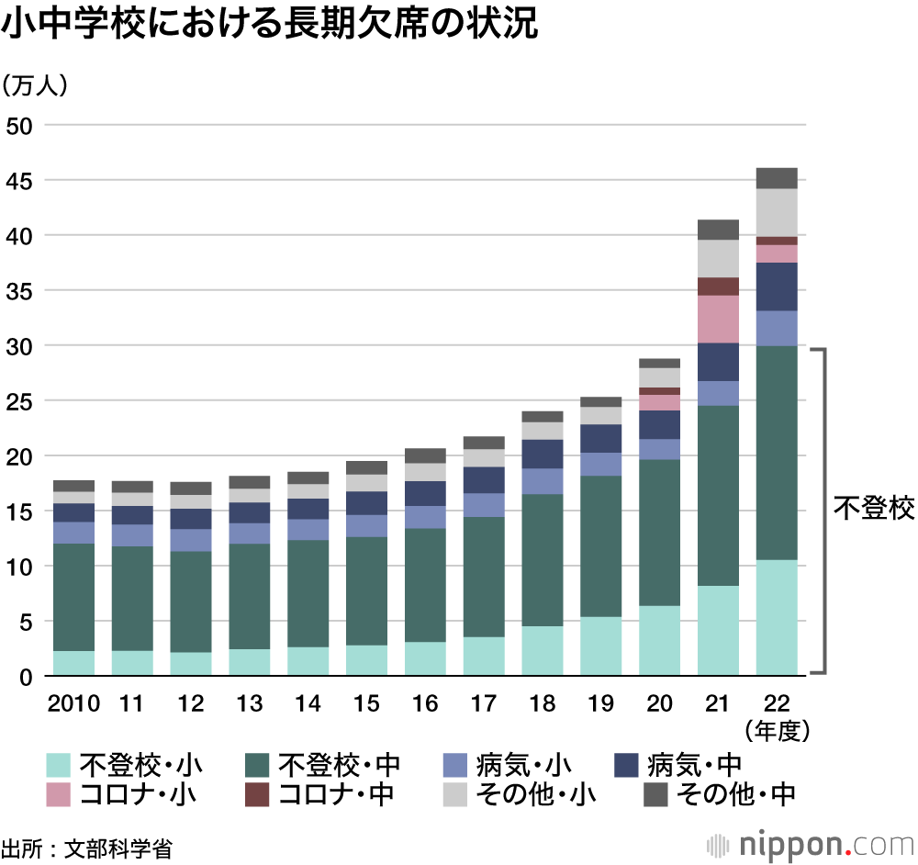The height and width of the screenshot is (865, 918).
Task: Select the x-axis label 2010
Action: pos(73,703)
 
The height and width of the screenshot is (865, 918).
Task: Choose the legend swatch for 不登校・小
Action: pos(59,764)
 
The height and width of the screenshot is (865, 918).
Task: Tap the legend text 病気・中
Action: pos(694,764)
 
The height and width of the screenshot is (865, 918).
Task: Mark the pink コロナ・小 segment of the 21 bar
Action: pos(718,319)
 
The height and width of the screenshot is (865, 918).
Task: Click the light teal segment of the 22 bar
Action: pos(777,617)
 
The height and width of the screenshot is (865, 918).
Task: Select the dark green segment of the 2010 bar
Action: pos(74,597)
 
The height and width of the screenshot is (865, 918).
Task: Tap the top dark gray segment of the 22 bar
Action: pos(777,178)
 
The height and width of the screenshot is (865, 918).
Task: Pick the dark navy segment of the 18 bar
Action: pos(542,454)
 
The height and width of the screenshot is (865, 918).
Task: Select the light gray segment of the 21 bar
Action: pos(718,258)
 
